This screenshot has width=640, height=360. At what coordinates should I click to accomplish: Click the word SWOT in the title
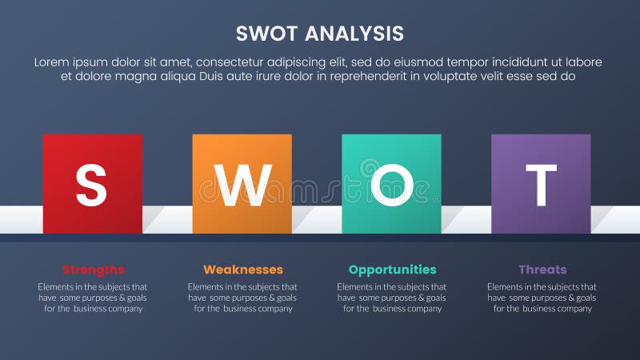[267, 33]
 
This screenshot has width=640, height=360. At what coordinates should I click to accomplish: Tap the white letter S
[91, 186]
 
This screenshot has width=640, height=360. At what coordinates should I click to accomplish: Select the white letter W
[242, 186]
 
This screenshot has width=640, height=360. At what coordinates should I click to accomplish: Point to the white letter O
[391, 186]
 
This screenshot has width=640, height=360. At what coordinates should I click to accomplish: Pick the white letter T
[541, 186]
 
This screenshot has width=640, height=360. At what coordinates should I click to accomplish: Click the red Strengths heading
[93, 270]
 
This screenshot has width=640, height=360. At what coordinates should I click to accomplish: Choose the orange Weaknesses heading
[242, 270]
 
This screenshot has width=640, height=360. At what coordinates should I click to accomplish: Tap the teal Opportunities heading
[392, 270]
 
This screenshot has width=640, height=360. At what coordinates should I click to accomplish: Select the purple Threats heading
[542, 270]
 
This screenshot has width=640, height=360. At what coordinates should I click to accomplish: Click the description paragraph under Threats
[542, 298]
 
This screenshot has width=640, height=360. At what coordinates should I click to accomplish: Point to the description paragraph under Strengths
[93, 298]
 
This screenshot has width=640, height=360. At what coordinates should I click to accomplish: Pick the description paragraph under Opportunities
[392, 298]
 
